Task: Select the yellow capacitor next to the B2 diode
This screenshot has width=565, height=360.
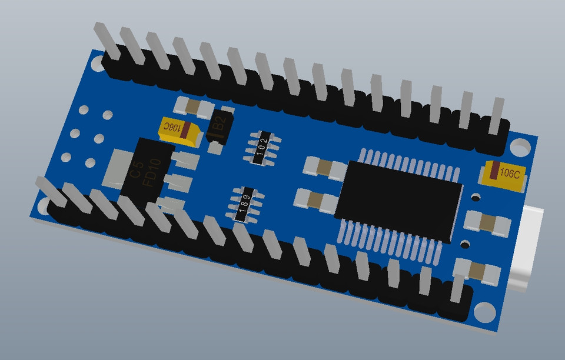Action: point(178,129)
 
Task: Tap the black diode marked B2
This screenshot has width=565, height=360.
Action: point(220,126)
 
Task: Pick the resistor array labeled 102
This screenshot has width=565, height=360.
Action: point(262,147)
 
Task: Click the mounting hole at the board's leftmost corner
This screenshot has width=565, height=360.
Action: point(44,206)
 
